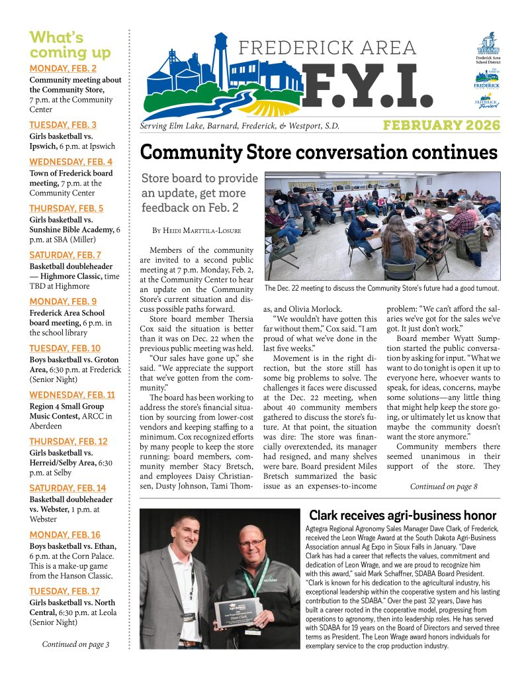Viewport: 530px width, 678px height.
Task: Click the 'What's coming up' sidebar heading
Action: pos(70,44)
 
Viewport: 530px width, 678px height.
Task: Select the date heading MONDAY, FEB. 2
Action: pos(63,68)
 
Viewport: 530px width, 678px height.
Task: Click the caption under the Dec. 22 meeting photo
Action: pos(381,289)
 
